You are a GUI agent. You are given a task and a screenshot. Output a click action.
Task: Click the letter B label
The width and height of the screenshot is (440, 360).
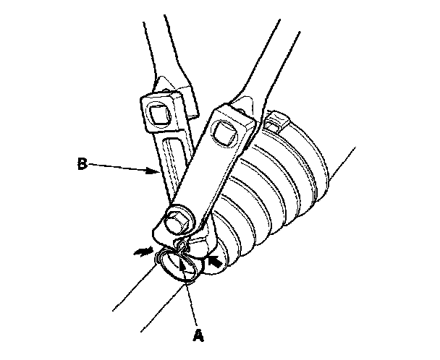(82, 164)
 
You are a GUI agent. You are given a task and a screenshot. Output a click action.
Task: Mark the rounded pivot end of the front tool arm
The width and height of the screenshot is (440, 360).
(174, 224)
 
